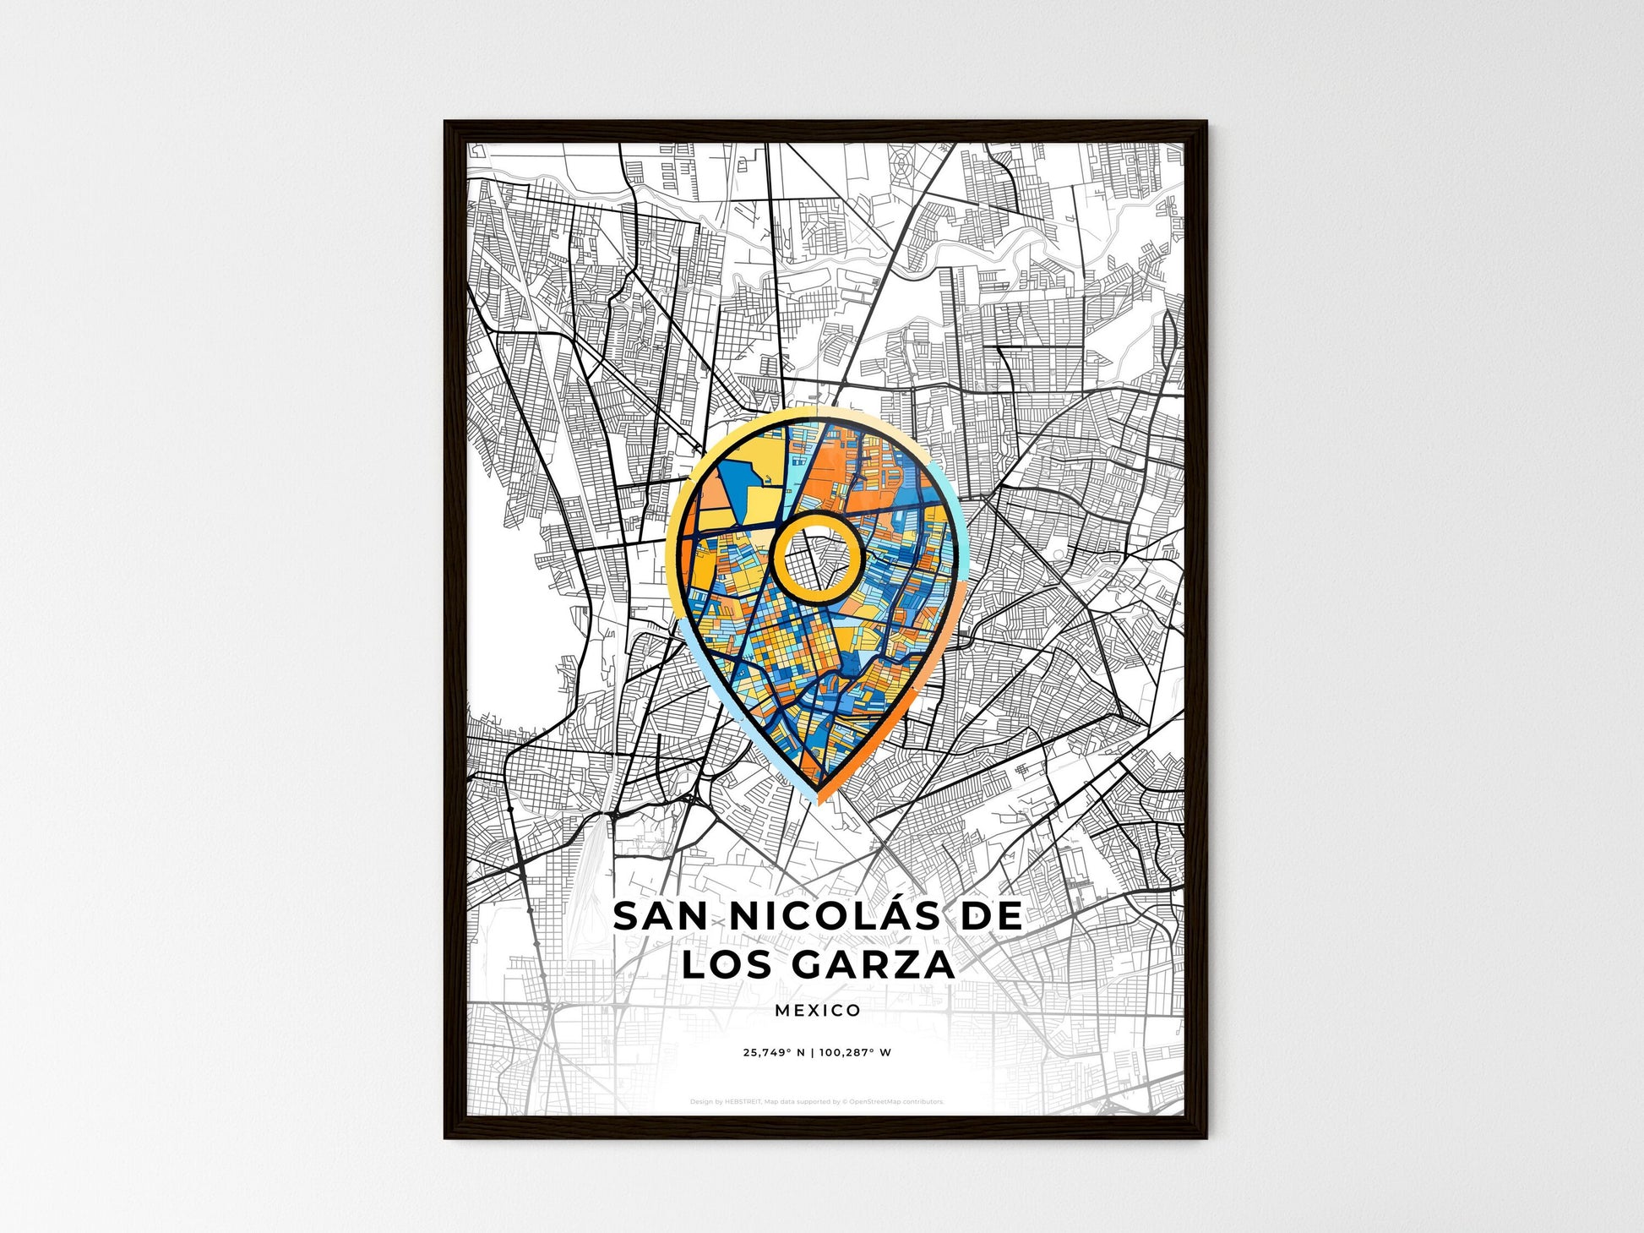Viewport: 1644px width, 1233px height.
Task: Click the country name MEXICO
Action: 817,1010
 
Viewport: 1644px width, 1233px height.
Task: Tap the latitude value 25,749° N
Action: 778,1053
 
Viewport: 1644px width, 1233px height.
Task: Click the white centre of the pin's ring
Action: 817,559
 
